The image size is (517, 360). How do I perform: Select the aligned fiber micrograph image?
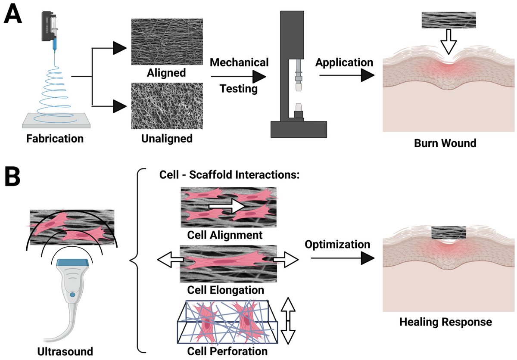[x=167, y=41]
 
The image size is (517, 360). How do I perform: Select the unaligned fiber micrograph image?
[x=167, y=106]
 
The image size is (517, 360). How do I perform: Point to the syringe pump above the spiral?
[x=51, y=28]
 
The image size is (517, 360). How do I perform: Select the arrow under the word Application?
[x=345, y=76]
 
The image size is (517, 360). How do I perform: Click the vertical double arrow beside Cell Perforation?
[x=289, y=321]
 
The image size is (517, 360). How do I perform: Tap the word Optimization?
[x=338, y=244]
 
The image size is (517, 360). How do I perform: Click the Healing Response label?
[x=445, y=321]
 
